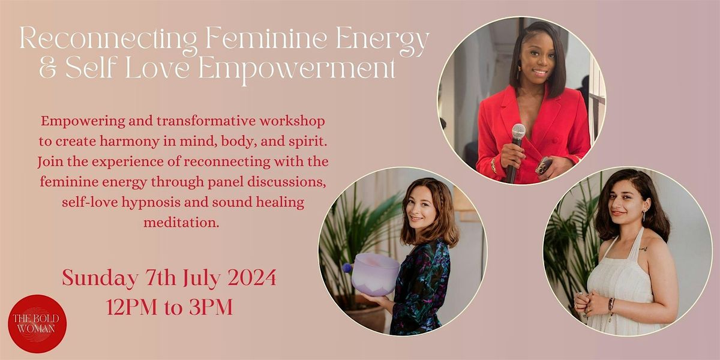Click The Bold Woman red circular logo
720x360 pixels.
pyautogui.click(x=37, y=323)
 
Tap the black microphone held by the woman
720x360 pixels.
pyautogui.click(x=515, y=147)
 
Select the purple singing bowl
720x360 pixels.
pyautogui.click(x=374, y=274)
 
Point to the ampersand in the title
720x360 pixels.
pyautogui.click(x=29, y=70)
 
